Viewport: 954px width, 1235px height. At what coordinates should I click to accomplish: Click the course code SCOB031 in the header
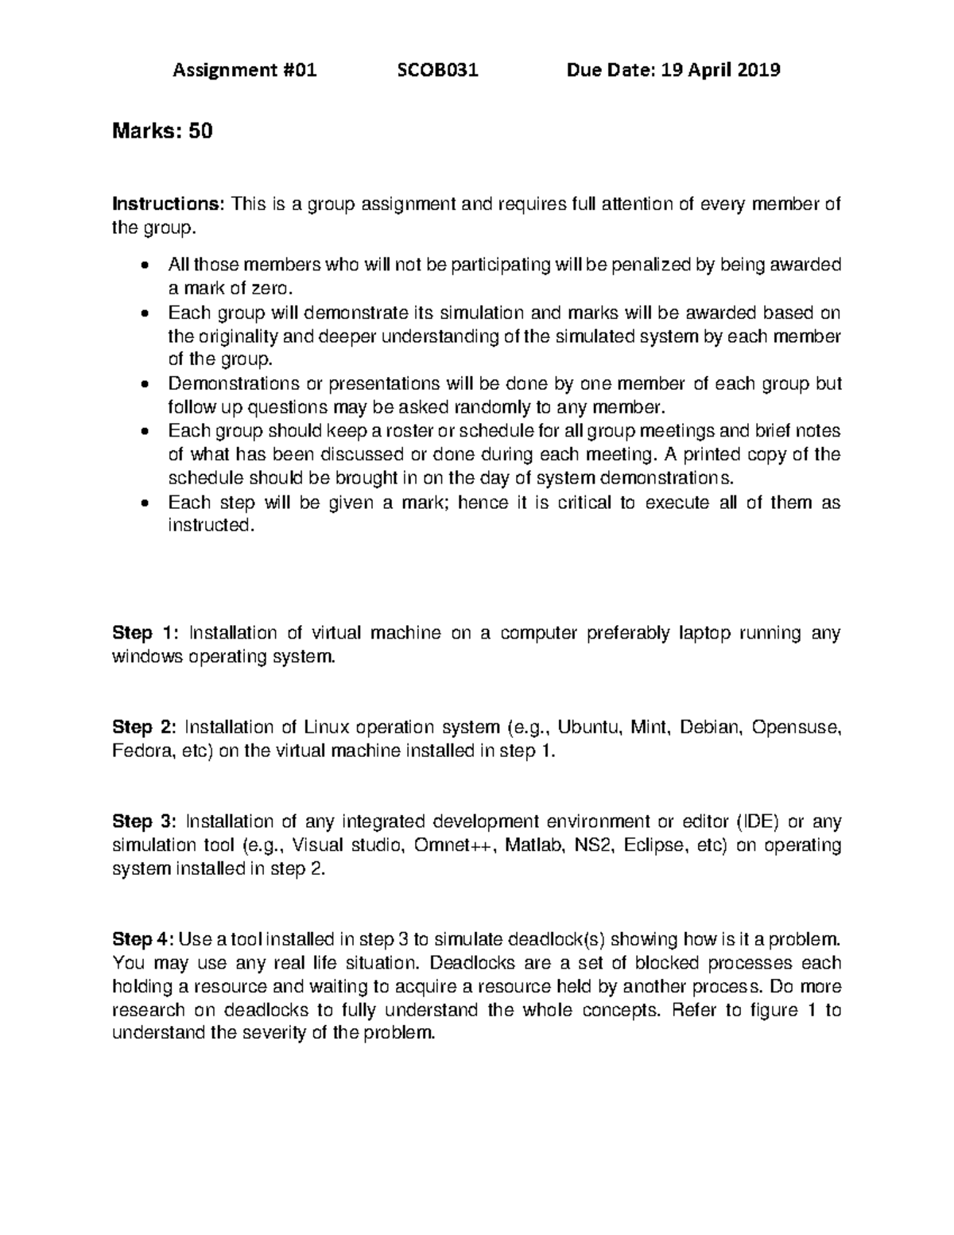(x=437, y=71)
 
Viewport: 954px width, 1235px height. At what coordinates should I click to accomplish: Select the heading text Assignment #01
(x=245, y=71)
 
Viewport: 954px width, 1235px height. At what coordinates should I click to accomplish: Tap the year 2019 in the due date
(x=758, y=71)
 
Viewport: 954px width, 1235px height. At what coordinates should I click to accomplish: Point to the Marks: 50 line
(x=163, y=130)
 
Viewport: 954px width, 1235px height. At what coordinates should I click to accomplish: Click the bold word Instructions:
(x=169, y=204)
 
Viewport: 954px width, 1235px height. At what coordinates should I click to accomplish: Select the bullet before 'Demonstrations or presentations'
(x=144, y=384)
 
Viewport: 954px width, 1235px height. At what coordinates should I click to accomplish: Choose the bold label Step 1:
(x=146, y=633)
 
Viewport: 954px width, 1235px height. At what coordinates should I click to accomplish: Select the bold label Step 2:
(x=145, y=727)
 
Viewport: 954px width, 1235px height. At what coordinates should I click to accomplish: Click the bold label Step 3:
(x=145, y=821)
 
